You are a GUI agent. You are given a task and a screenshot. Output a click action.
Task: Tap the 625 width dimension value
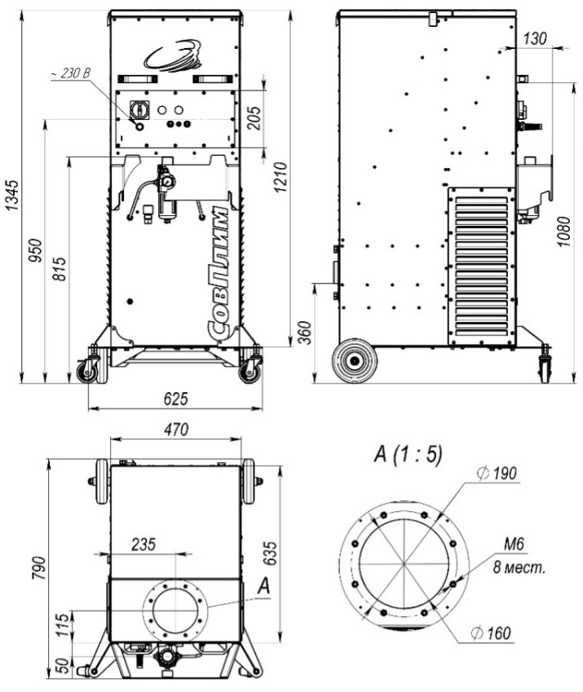[175, 399]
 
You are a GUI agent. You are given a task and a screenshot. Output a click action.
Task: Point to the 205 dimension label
[254, 118]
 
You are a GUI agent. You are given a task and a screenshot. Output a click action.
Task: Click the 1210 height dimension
[280, 177]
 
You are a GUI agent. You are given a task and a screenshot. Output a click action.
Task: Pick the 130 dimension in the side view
[535, 39]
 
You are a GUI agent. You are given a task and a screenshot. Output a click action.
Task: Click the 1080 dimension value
[563, 231]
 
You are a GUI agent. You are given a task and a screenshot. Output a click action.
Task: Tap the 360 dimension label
[304, 333]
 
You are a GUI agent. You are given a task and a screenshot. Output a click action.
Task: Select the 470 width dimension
[176, 430]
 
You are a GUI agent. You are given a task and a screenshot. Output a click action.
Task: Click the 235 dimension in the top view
[144, 544]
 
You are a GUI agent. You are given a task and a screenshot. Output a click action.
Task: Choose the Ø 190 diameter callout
[497, 474]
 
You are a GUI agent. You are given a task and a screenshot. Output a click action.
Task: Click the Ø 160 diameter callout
[490, 633]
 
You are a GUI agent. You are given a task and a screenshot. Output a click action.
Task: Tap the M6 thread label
[515, 544]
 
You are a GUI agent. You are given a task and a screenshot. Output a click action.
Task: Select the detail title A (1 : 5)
[408, 454]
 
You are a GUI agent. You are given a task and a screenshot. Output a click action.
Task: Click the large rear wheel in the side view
[355, 361]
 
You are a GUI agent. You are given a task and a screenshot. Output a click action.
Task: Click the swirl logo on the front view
[173, 56]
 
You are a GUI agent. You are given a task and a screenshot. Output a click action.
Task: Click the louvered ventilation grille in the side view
[482, 266]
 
